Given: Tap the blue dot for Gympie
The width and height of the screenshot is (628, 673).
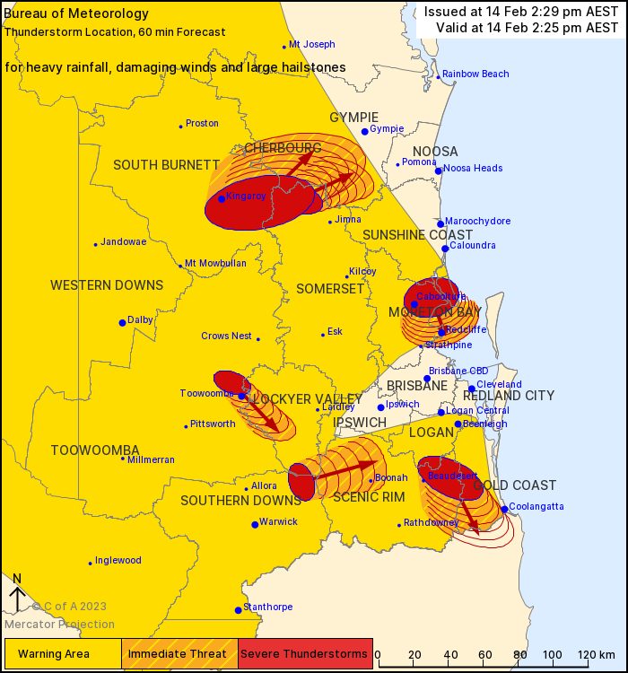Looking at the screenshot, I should pos(365,132).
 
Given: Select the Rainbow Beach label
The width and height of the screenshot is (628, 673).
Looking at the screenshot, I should pos(475,74).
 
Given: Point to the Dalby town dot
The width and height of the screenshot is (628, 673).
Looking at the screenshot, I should pos(123,323).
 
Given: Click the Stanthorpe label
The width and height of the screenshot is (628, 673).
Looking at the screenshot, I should pos(268,607).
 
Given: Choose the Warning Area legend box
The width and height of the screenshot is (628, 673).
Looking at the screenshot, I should pos(63,653).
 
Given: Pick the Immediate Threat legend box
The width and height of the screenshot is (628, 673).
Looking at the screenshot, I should pos(179,653).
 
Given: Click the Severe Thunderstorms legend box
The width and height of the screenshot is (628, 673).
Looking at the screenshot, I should pos(305,653).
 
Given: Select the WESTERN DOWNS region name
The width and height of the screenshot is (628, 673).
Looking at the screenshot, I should pos(107,285).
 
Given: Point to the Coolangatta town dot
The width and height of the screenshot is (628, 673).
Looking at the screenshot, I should pos(505,509).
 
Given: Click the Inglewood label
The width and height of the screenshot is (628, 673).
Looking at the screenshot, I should pos(118,561).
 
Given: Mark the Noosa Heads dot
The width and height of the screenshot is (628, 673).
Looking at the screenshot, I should pos(439,170).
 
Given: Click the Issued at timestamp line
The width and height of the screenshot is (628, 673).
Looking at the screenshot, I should pos(520,12).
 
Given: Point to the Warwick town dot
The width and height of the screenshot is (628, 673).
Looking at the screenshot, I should pos(256,525).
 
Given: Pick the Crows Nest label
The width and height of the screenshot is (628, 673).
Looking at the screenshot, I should pos(226,336).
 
